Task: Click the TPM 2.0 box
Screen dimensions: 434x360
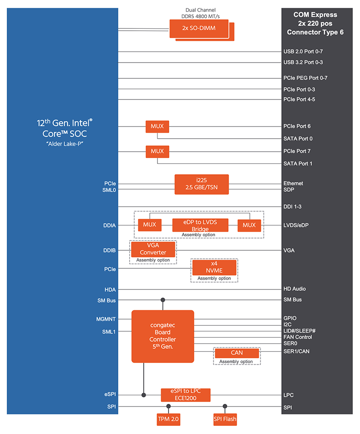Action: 169,419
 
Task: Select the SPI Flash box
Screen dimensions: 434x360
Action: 225,419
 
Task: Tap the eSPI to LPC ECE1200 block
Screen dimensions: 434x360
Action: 186,395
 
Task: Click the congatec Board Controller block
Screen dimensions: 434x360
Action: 162,336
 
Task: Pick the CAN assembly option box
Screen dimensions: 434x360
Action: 237,353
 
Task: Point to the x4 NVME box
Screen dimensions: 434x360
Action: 214,267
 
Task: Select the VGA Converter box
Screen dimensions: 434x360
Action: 153,249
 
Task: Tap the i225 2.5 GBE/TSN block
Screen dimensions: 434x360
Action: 202,184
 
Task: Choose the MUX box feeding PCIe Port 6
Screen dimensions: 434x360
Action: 157,127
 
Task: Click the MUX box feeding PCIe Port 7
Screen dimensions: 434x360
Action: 157,151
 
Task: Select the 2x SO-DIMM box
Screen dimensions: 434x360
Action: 198,28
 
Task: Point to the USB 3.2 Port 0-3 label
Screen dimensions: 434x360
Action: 303,62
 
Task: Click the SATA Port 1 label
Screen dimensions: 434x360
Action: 298,163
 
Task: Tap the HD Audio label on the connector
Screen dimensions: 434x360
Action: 295,289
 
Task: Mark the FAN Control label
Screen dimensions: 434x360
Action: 297,337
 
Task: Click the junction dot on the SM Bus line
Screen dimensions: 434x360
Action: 163,300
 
